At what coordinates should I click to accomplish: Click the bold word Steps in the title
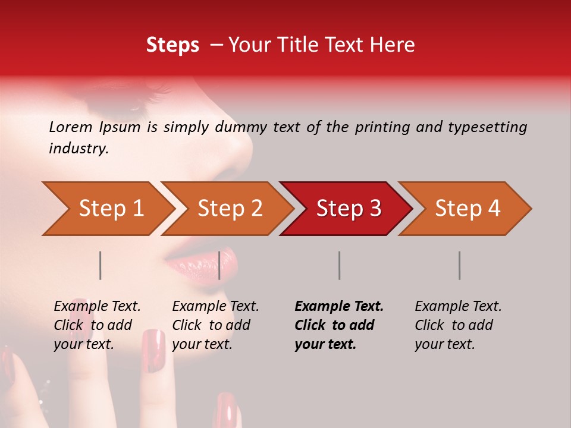point(172,45)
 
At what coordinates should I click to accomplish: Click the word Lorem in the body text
point(70,127)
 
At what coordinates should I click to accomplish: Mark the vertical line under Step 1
point(101,265)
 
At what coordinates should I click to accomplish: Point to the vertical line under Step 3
point(340,265)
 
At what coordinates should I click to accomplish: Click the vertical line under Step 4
point(460,265)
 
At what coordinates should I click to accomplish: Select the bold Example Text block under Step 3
point(339,325)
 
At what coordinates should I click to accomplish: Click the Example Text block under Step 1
point(97,325)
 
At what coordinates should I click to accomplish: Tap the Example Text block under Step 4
point(458,325)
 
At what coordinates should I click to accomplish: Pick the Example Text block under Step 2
point(215,325)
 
